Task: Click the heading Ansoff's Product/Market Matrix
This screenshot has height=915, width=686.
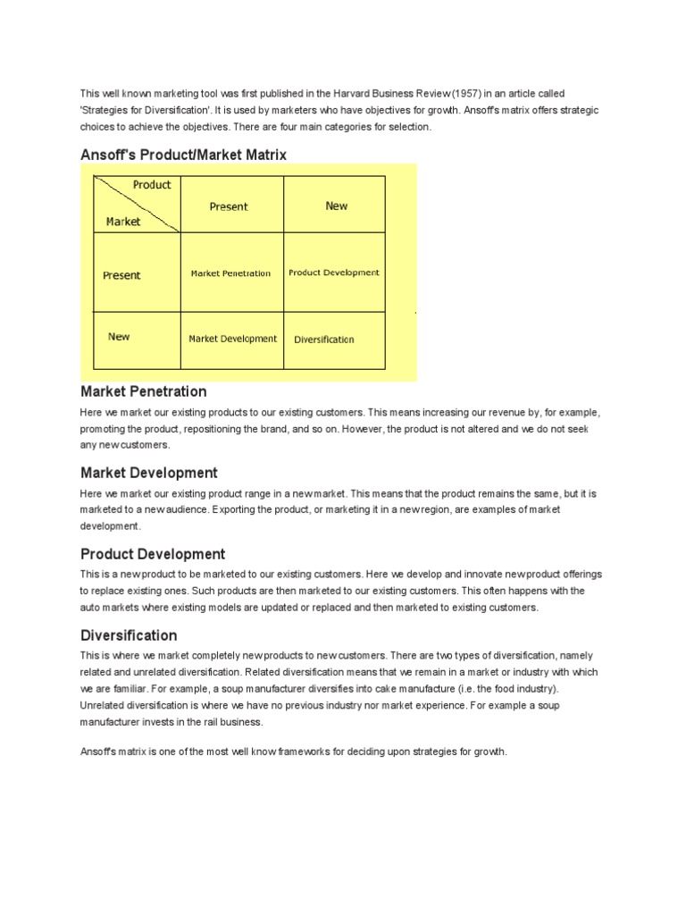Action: point(183,155)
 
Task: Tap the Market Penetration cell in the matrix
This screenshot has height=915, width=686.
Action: point(230,273)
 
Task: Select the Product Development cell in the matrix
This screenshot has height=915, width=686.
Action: point(334,273)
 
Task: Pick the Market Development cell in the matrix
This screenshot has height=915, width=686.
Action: point(232,339)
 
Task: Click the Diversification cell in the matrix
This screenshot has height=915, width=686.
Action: point(323,340)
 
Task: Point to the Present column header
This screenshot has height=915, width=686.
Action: point(229,206)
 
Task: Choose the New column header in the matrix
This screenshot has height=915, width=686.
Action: point(336,206)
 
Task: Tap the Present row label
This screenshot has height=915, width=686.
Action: point(121,275)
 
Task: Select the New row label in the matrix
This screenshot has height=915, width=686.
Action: point(119,337)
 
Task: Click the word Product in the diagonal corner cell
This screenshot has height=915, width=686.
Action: point(152,185)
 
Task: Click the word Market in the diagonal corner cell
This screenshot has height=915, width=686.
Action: point(123,222)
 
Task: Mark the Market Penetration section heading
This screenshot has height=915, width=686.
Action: point(143,391)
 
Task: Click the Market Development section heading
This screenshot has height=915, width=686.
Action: point(149,473)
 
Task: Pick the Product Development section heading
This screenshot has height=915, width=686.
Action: point(153,554)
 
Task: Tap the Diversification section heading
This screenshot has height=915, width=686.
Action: point(129,635)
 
